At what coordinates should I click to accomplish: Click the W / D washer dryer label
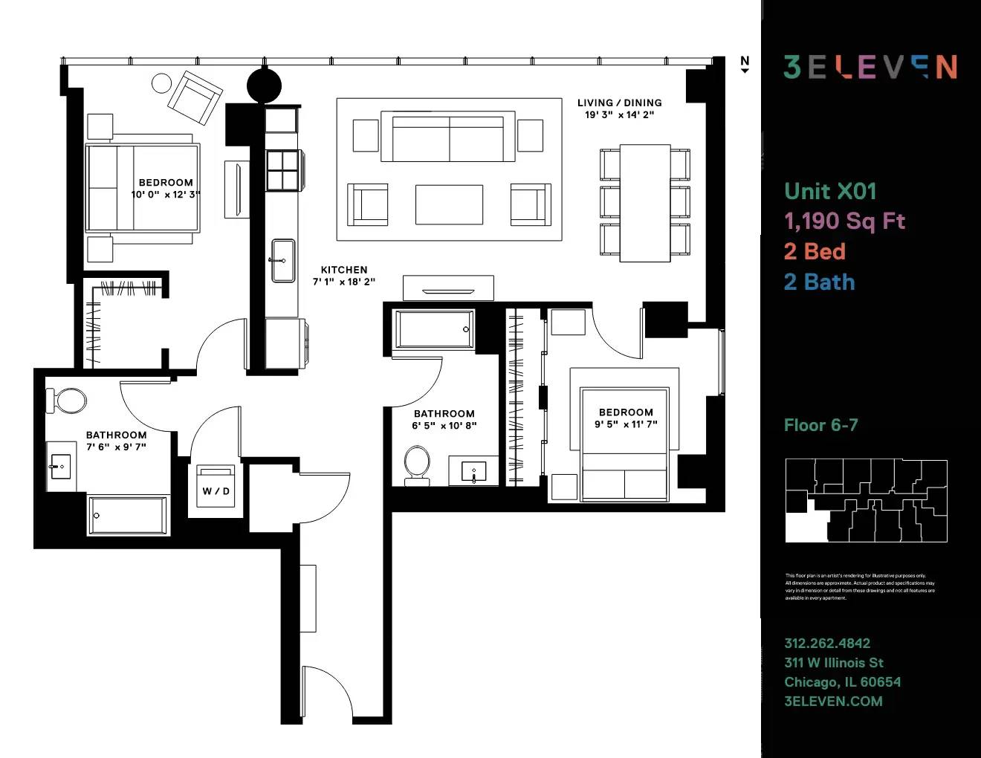[216, 491]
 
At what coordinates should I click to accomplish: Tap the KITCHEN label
[344, 270]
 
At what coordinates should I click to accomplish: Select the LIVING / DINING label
[619, 103]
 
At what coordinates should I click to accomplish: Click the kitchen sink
[283, 260]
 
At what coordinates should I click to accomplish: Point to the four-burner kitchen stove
[283, 170]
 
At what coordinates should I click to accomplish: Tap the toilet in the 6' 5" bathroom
[417, 464]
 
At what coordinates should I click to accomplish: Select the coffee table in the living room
[449, 204]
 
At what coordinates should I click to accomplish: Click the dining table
[645, 203]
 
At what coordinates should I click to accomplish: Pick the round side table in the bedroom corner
[161, 82]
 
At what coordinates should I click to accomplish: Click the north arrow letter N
[745, 61]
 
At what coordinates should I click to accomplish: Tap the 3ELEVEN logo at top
[870, 67]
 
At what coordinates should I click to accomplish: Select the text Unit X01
[830, 191]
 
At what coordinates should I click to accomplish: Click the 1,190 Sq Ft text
[844, 221]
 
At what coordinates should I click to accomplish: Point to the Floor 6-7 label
[820, 425]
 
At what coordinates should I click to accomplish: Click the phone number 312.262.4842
[827, 643]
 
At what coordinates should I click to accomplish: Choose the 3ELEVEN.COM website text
[833, 701]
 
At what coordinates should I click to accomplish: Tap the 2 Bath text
[819, 282]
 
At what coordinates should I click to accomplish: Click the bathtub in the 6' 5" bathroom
[435, 329]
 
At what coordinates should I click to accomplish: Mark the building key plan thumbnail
[866, 500]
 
